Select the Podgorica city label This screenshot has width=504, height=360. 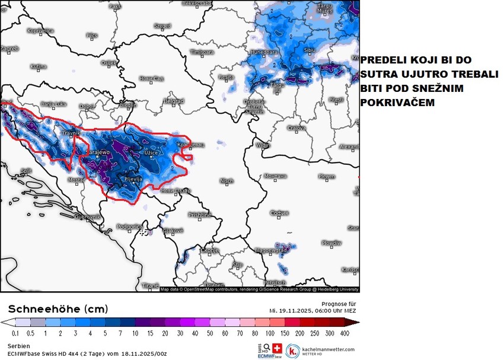coord(129,226)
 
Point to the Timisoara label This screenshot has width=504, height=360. coord(202,52)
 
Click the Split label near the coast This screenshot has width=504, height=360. coord(25,171)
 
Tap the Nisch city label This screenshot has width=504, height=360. coord(226,181)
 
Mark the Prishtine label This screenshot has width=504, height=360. coord(199,215)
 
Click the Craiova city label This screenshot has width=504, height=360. coord(296,128)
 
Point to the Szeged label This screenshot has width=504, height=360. coord(162,26)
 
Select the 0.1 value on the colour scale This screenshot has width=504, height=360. coord(7,334)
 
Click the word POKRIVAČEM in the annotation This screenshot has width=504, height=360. coord(397,103)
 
